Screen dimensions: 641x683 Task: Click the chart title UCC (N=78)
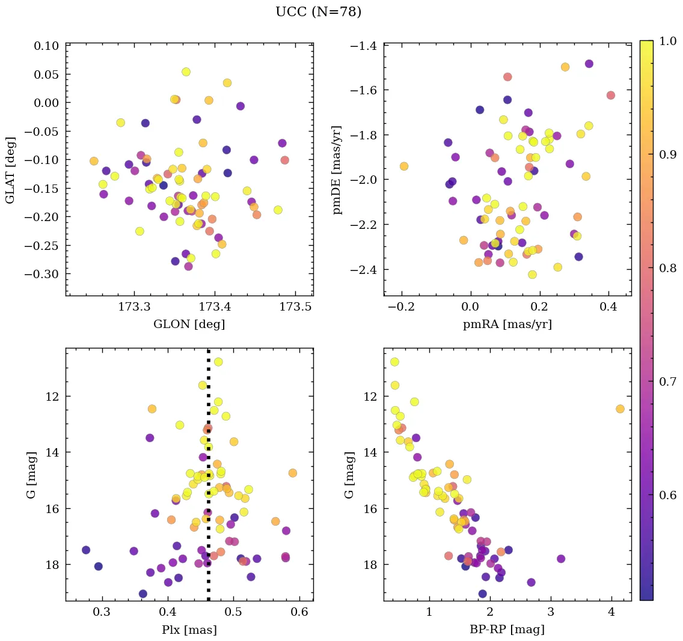click(318, 12)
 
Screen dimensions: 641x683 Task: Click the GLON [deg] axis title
click(189, 325)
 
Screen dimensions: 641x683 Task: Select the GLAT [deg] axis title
click(11, 169)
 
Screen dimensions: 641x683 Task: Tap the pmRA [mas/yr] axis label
click(507, 325)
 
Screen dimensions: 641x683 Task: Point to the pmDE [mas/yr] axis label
click(337, 169)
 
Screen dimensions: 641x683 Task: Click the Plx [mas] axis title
click(189, 630)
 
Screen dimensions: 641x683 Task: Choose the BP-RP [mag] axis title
click(507, 630)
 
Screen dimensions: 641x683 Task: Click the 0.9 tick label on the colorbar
click(667, 154)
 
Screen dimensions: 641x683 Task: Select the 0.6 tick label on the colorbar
click(667, 495)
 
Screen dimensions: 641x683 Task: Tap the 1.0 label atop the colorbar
click(667, 41)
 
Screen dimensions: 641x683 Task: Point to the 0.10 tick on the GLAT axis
click(46, 46)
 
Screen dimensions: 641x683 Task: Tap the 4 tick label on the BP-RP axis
click(611, 613)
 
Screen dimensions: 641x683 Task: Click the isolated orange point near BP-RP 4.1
click(620, 409)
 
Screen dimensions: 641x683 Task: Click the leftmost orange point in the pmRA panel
click(404, 166)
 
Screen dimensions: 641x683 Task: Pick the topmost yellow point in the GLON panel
click(186, 72)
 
